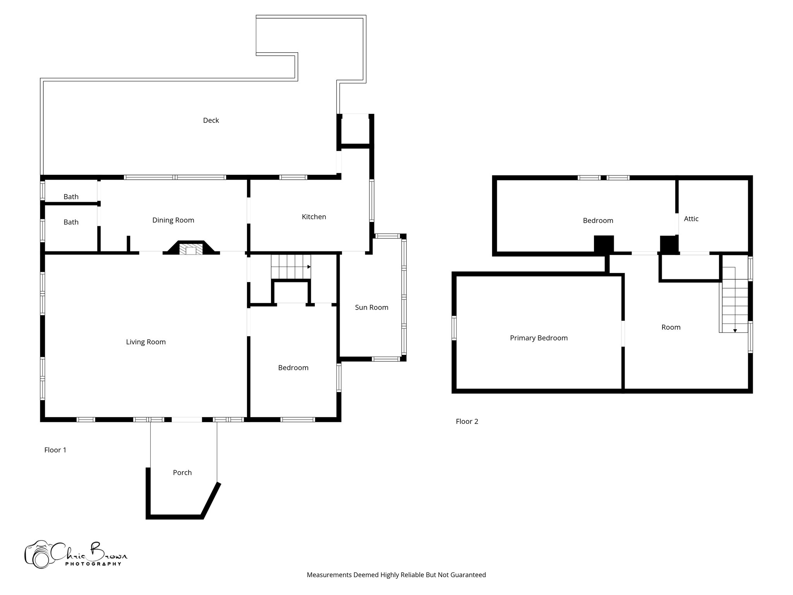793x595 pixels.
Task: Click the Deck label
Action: pyautogui.click(x=211, y=120)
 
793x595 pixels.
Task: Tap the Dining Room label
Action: pyautogui.click(x=173, y=220)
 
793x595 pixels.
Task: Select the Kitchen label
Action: pyautogui.click(x=314, y=217)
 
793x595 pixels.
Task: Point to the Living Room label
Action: pyautogui.click(x=146, y=342)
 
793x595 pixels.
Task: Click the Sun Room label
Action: pyautogui.click(x=371, y=307)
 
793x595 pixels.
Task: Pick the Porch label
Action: pyautogui.click(x=182, y=472)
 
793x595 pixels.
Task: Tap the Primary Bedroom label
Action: pyautogui.click(x=539, y=338)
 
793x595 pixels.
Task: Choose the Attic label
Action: pyautogui.click(x=691, y=219)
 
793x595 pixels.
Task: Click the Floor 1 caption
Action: pyautogui.click(x=55, y=450)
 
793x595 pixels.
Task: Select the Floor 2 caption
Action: pyautogui.click(x=467, y=421)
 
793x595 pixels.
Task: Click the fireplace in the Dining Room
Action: pyautogui.click(x=191, y=249)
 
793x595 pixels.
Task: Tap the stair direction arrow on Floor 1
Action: pyautogui.click(x=309, y=267)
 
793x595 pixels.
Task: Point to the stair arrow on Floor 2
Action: pyautogui.click(x=735, y=330)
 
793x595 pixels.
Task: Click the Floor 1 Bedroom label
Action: pyautogui.click(x=293, y=368)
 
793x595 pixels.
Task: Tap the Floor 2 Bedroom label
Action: pyautogui.click(x=598, y=220)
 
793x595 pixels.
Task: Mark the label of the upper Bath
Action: pyautogui.click(x=71, y=197)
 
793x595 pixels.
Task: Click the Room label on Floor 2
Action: pyautogui.click(x=671, y=327)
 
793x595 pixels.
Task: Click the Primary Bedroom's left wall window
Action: pyautogui.click(x=454, y=328)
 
